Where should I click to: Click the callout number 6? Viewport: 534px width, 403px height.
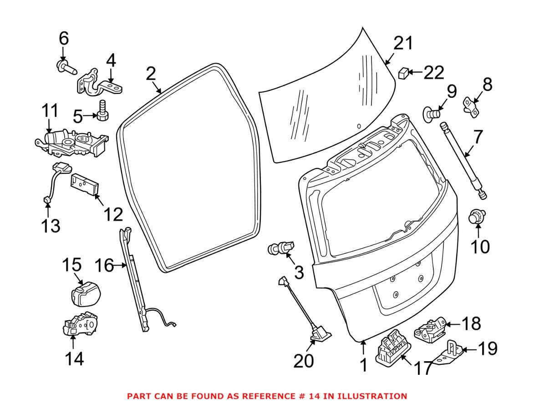coord(63,39)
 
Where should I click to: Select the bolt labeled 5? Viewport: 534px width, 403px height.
coord(102,111)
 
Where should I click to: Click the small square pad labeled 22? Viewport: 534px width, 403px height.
coord(403,73)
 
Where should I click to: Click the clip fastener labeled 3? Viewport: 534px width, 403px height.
coord(280,248)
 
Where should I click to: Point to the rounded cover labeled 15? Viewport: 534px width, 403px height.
coord(85,293)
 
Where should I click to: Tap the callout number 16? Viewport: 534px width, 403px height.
coord(104,265)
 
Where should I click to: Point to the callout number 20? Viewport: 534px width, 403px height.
coord(304,361)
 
